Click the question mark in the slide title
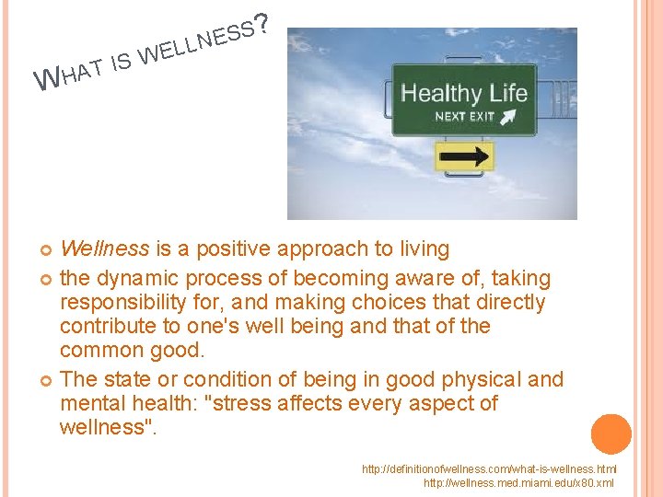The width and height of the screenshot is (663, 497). click(263, 24)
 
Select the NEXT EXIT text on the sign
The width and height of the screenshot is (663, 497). click(464, 117)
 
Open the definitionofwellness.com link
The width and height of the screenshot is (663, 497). click(488, 469)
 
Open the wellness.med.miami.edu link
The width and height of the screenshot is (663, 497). click(518, 482)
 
